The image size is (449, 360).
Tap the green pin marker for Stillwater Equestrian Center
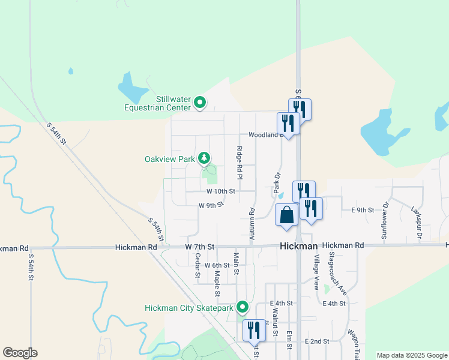(x=200, y=104)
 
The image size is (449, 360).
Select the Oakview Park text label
(x=170, y=160)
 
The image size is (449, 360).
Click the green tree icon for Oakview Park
(x=205, y=158)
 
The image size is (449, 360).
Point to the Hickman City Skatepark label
(x=188, y=308)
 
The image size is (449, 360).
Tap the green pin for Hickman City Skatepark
(x=243, y=307)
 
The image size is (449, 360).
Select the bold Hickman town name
(x=298, y=246)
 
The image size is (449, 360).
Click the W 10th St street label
(x=221, y=191)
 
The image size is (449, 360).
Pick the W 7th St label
(x=200, y=247)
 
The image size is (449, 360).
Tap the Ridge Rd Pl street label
(x=239, y=163)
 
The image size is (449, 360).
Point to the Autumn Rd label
(x=252, y=224)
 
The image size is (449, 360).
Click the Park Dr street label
(x=277, y=183)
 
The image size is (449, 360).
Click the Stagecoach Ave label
(x=337, y=272)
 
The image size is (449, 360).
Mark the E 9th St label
(x=363, y=210)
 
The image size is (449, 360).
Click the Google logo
(x=20, y=353)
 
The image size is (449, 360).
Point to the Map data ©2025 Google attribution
(x=411, y=355)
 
